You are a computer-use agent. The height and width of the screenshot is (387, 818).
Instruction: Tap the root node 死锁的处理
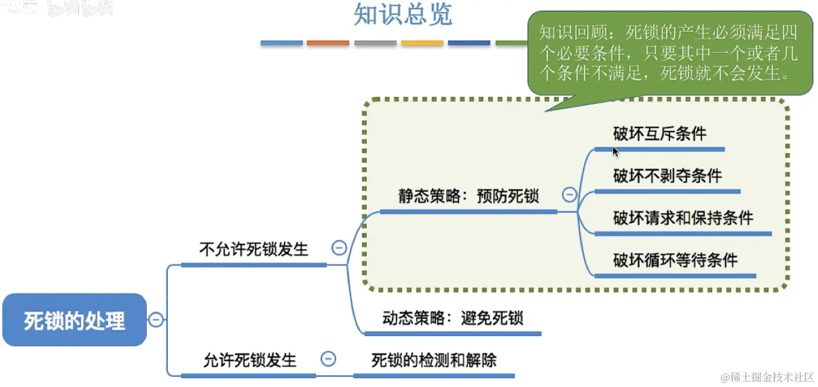74,320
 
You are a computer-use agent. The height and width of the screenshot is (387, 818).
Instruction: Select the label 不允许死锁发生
253,249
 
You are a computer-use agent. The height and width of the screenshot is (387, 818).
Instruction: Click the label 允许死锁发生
250,359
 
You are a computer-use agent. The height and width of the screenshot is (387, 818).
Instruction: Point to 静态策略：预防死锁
468,196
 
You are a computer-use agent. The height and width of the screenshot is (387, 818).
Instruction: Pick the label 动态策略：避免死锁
452,318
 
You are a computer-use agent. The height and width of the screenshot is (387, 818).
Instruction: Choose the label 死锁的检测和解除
434,359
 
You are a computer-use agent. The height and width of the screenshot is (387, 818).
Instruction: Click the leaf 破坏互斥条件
660,134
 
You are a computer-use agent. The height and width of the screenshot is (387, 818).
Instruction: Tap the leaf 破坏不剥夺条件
667,176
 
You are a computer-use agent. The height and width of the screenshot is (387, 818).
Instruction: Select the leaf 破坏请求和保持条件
683,218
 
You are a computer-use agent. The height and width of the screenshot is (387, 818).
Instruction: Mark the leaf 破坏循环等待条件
675,260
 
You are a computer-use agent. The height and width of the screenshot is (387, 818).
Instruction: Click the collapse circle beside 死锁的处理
156,319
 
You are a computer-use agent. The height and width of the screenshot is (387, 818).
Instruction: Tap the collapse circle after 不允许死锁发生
339,248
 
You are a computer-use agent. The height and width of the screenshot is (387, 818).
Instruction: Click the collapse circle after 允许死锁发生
329,359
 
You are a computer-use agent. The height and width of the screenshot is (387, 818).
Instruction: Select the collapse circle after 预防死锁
569,195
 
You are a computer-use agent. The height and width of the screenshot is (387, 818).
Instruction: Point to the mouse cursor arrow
615,151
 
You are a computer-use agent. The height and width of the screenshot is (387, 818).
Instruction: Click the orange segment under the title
327,43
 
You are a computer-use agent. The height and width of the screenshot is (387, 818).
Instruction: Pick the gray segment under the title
375,43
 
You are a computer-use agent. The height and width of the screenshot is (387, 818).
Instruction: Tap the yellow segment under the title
422,43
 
